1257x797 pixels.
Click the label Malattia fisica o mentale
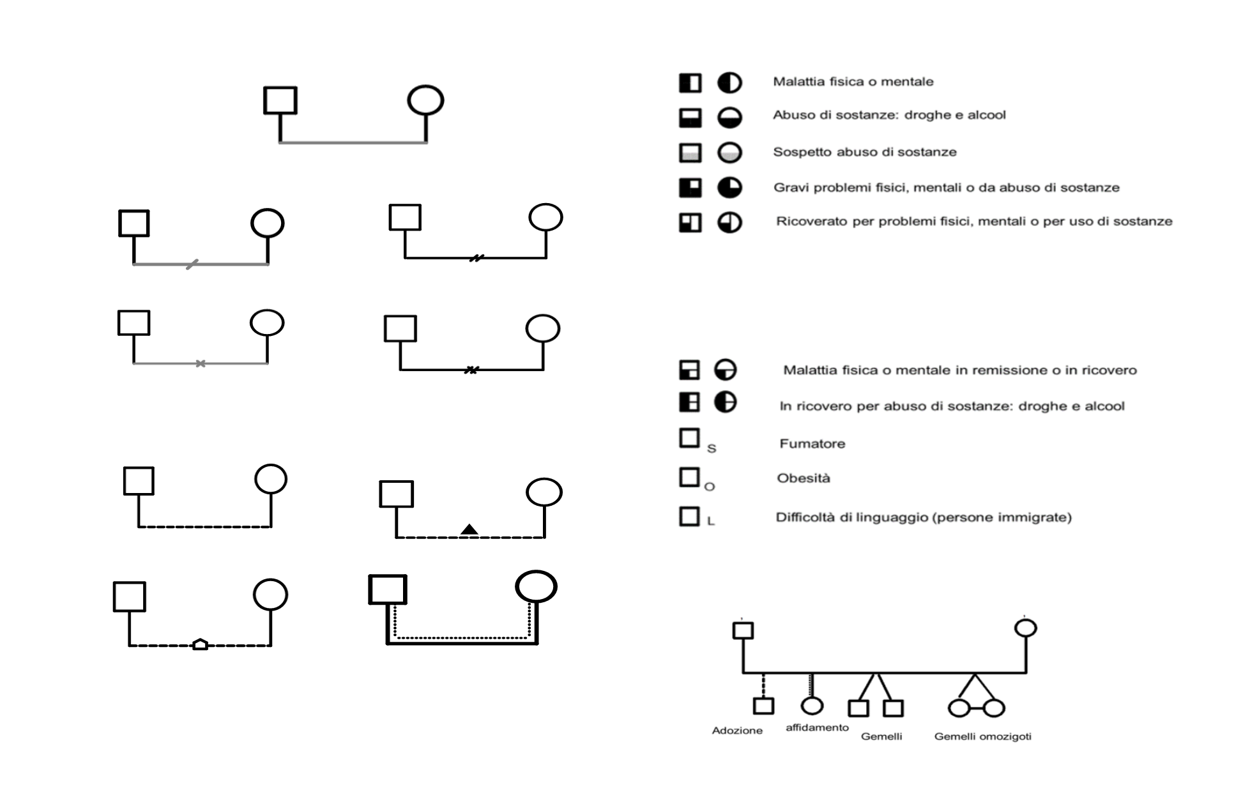tap(853, 82)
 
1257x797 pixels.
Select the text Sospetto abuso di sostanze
tap(865, 152)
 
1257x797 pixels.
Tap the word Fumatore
tap(812, 444)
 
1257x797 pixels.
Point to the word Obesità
tap(804, 478)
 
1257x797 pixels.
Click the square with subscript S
tap(689, 438)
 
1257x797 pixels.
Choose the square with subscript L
tap(689, 516)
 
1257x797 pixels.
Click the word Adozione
tap(737, 731)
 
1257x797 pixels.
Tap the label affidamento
tap(817, 727)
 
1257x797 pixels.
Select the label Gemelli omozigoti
tap(982, 736)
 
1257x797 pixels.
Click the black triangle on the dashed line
tap(469, 529)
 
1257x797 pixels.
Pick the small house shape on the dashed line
tap(200, 644)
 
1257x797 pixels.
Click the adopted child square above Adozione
tap(763, 706)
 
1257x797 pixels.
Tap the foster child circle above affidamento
tap(812, 706)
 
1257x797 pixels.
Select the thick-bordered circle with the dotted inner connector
tap(537, 586)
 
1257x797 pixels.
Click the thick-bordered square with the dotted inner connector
tap(388, 589)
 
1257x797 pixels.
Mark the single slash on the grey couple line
tap(192, 264)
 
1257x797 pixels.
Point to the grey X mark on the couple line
tap(201, 363)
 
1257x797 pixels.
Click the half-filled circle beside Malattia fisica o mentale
tap(729, 83)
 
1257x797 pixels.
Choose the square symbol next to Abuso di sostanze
tap(690, 118)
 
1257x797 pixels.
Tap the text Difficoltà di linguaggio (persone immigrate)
tap(924, 517)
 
